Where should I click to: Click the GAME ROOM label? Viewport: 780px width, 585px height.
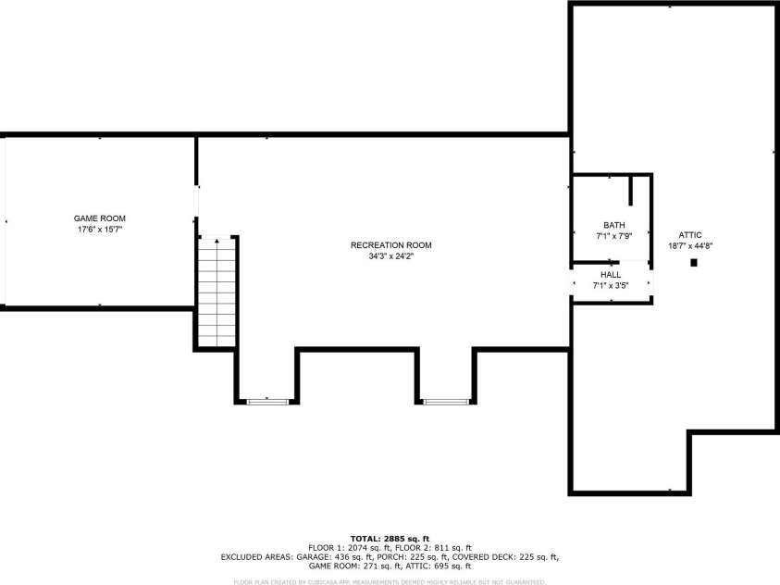click(100, 218)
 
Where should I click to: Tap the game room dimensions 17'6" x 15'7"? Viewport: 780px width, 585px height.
click(100, 229)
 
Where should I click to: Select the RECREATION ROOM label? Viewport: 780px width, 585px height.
click(390, 245)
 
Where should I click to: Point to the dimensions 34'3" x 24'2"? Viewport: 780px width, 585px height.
click(390, 256)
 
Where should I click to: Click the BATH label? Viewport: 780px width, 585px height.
click(613, 225)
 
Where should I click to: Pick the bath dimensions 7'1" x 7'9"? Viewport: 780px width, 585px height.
click(613, 236)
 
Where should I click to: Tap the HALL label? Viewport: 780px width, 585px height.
click(611, 275)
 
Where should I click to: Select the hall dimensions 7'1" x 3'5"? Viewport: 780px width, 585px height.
click(611, 286)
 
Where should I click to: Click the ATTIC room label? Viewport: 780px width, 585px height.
click(690, 235)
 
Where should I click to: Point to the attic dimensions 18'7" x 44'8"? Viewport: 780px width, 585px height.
click(690, 246)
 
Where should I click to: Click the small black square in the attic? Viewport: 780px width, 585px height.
click(693, 263)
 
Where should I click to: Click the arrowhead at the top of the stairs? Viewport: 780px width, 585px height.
click(217, 241)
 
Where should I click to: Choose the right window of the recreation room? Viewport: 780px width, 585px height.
click(446, 401)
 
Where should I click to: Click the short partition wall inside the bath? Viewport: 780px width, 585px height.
click(631, 190)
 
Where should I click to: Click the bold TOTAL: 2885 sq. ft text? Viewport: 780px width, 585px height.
click(390, 538)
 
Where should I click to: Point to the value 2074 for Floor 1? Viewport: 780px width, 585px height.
click(354, 548)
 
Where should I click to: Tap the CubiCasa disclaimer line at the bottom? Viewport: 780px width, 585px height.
click(390, 582)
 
